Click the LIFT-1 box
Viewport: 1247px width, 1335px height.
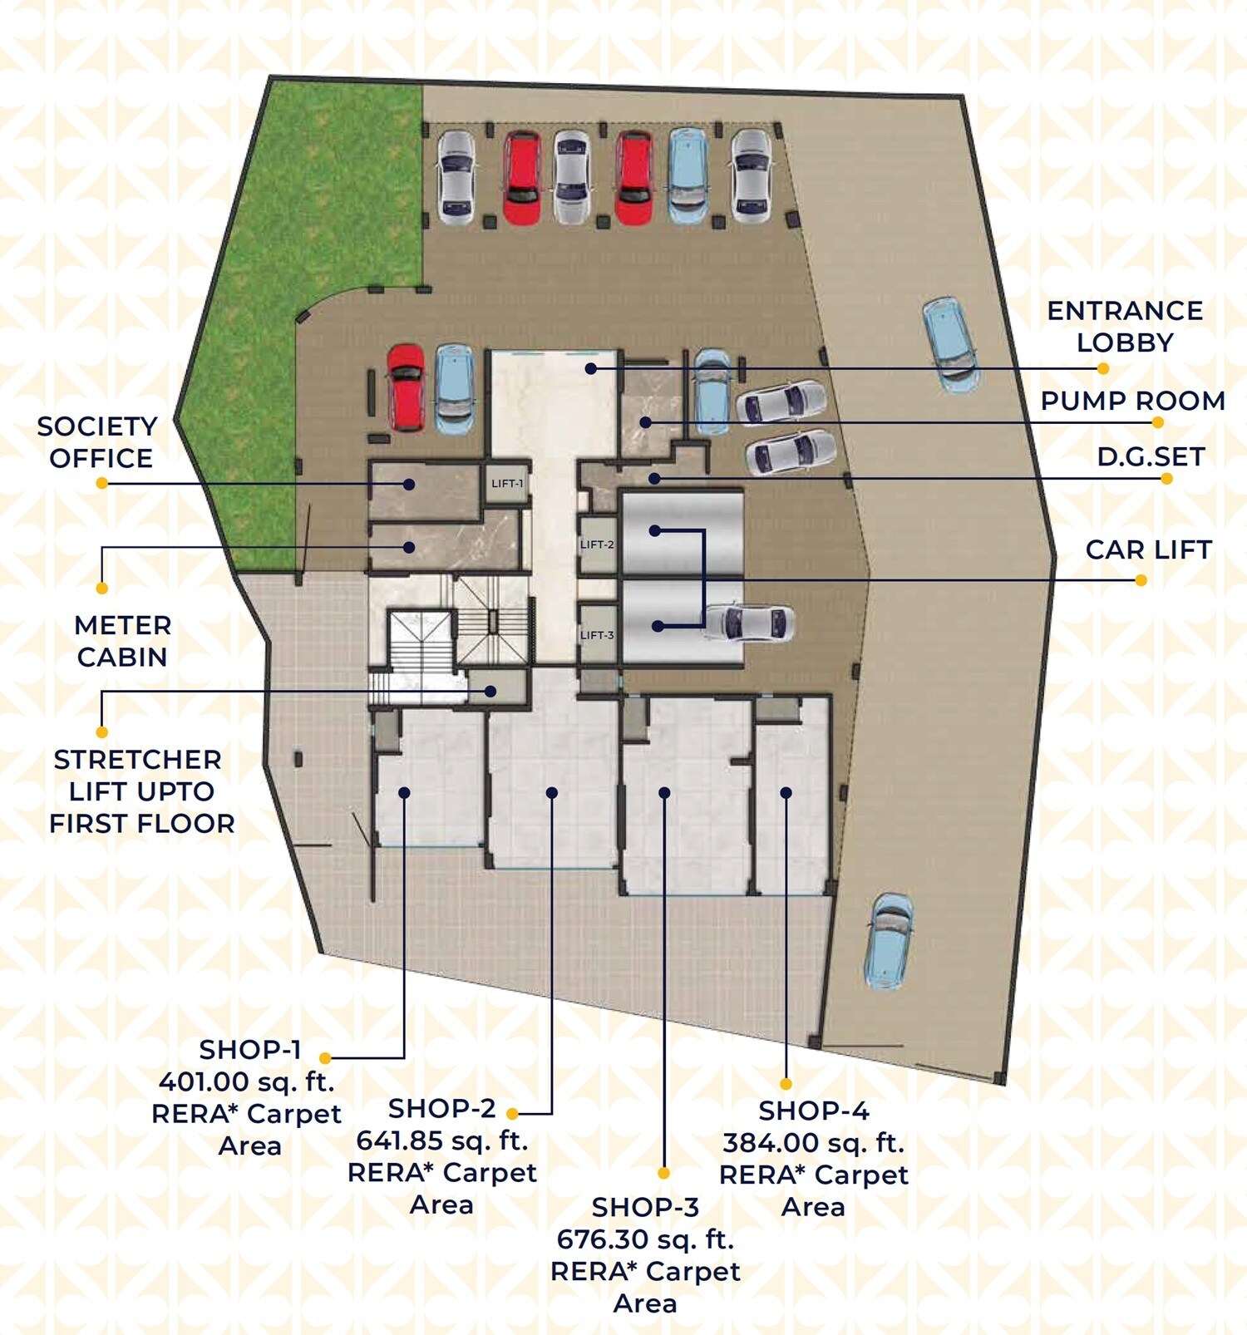click(x=506, y=483)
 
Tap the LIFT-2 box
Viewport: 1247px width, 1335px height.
click(x=597, y=544)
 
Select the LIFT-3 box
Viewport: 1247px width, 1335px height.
click(x=597, y=635)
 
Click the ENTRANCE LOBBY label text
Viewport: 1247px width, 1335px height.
click(x=1124, y=326)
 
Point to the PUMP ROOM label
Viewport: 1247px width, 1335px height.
click(x=1132, y=401)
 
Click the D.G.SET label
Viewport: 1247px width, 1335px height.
click(x=1151, y=456)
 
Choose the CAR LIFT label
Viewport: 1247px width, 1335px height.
click(x=1148, y=549)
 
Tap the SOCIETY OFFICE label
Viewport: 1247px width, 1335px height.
click(x=98, y=441)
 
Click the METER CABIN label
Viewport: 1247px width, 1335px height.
click(x=122, y=641)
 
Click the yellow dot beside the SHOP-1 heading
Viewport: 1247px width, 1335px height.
click(x=325, y=1058)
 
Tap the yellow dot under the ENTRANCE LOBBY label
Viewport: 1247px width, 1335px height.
click(x=1103, y=368)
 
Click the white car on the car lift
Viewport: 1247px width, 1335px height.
click(x=747, y=623)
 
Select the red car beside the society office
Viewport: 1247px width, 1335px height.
click(x=406, y=387)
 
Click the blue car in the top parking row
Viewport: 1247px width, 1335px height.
click(x=688, y=175)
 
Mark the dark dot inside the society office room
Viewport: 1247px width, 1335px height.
click(x=409, y=484)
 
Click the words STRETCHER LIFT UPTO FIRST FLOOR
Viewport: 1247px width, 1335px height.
click(x=141, y=791)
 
